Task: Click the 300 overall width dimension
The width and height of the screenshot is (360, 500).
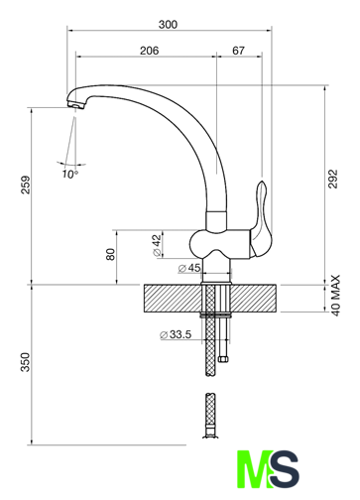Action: click(168, 25)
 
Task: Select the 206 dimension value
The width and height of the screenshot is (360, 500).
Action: click(149, 51)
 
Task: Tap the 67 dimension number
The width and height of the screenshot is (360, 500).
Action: click(238, 51)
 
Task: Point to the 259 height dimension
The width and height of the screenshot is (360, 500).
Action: click(26, 185)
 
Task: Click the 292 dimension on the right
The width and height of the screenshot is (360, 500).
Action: click(333, 179)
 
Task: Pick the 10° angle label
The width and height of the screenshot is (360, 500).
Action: click(70, 175)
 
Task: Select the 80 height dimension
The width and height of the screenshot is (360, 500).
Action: click(111, 254)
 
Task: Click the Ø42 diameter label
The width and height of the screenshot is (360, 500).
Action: click(157, 245)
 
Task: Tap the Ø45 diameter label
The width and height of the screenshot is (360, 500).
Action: click(189, 268)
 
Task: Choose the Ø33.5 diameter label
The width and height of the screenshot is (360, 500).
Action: click(176, 334)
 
